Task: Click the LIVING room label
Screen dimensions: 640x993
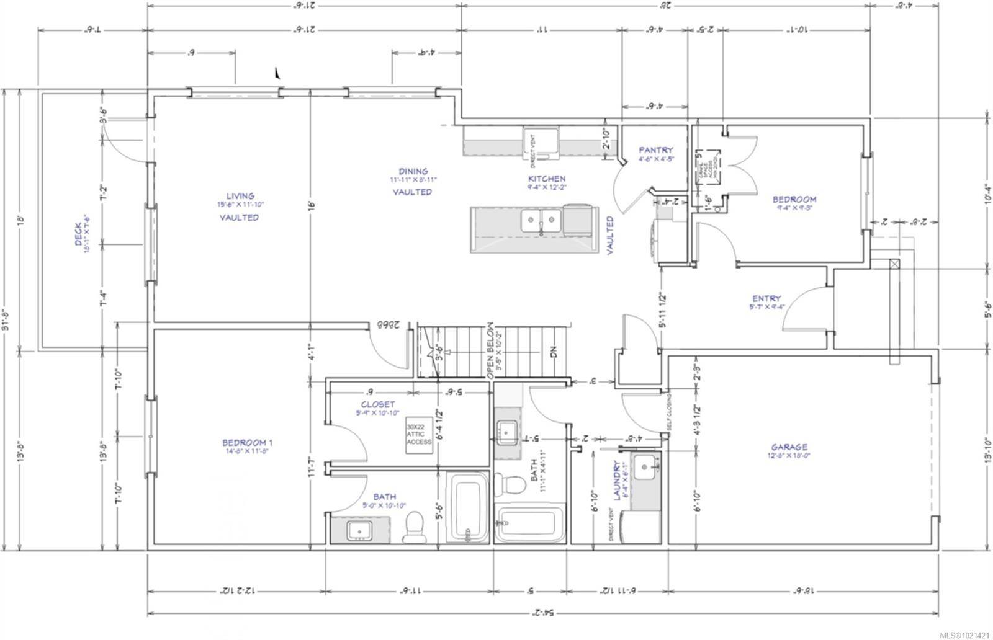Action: [x=240, y=196]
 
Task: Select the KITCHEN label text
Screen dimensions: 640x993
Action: [x=547, y=179]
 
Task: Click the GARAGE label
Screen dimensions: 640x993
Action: [x=789, y=447]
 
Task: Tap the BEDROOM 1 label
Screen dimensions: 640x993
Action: [x=248, y=442]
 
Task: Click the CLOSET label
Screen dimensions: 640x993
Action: [x=379, y=404]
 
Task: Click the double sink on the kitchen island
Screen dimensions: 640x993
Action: [x=542, y=220]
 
